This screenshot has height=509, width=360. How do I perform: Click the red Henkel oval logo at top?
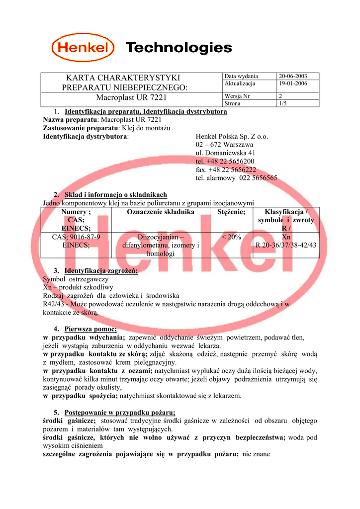pyautogui.click(x=83, y=48)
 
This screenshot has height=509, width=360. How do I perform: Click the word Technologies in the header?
pyautogui.click(x=179, y=48)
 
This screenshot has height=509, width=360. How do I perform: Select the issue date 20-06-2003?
pyautogui.click(x=293, y=76)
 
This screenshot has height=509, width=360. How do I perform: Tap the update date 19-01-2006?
pyautogui.click(x=293, y=84)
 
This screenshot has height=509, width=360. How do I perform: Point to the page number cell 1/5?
pyautogui.click(x=283, y=103)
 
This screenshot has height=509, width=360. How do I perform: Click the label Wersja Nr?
pyautogui.click(x=237, y=96)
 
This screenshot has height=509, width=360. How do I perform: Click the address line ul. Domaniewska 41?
pyautogui.click(x=226, y=153)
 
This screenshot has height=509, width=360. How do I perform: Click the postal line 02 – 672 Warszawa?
pyautogui.click(x=225, y=145)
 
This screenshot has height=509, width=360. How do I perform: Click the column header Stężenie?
pyautogui.click(x=231, y=212)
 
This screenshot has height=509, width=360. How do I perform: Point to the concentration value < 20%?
pyautogui.click(x=231, y=237)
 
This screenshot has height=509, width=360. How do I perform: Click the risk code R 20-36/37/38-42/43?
pyautogui.click(x=286, y=245)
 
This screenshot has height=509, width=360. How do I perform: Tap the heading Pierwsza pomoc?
pyautogui.click(x=90, y=329)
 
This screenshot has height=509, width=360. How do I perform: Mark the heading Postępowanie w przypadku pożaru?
pyautogui.click(x=119, y=412)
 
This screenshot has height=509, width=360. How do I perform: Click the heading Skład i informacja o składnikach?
pyautogui.click(x=115, y=195)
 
